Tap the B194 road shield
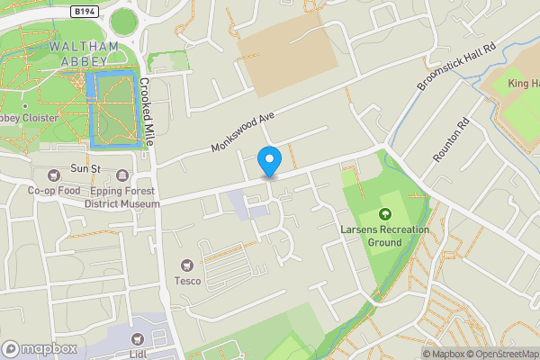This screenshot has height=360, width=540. click(x=85, y=10)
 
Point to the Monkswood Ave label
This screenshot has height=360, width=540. click(x=241, y=132)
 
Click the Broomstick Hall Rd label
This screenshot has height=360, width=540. click(x=456, y=67)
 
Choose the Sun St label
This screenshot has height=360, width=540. click(x=85, y=169)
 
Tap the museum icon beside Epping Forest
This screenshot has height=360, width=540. click(x=121, y=175)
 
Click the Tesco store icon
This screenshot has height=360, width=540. click(x=188, y=265)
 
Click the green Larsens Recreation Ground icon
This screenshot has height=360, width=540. click(x=385, y=214)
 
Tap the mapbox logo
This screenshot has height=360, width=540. click(x=40, y=348)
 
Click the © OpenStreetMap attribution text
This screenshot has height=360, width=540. click(x=502, y=354)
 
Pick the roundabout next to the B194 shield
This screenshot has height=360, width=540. click(x=123, y=20)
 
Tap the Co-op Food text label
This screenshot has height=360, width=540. click(x=54, y=191)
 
